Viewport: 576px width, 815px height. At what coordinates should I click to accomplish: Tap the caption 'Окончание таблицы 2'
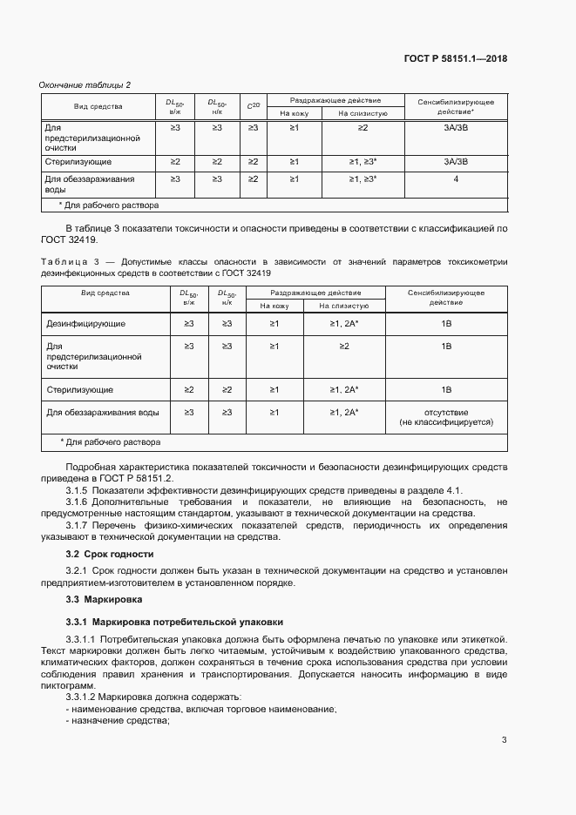(85, 84)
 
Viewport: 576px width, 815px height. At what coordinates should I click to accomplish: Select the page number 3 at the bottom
(504, 740)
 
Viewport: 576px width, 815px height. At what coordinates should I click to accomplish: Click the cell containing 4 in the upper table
(456, 178)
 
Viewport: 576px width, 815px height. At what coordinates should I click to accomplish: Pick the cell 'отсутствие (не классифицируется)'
(446, 416)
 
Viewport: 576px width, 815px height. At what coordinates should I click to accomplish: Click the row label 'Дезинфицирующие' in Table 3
(85, 324)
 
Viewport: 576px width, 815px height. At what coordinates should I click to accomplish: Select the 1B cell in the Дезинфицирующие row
(446, 324)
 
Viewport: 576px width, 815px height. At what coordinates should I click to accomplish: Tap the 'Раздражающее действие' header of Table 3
(315, 293)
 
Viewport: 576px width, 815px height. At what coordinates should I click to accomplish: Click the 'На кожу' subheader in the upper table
(294, 112)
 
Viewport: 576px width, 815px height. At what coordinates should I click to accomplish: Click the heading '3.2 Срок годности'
(110, 554)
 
